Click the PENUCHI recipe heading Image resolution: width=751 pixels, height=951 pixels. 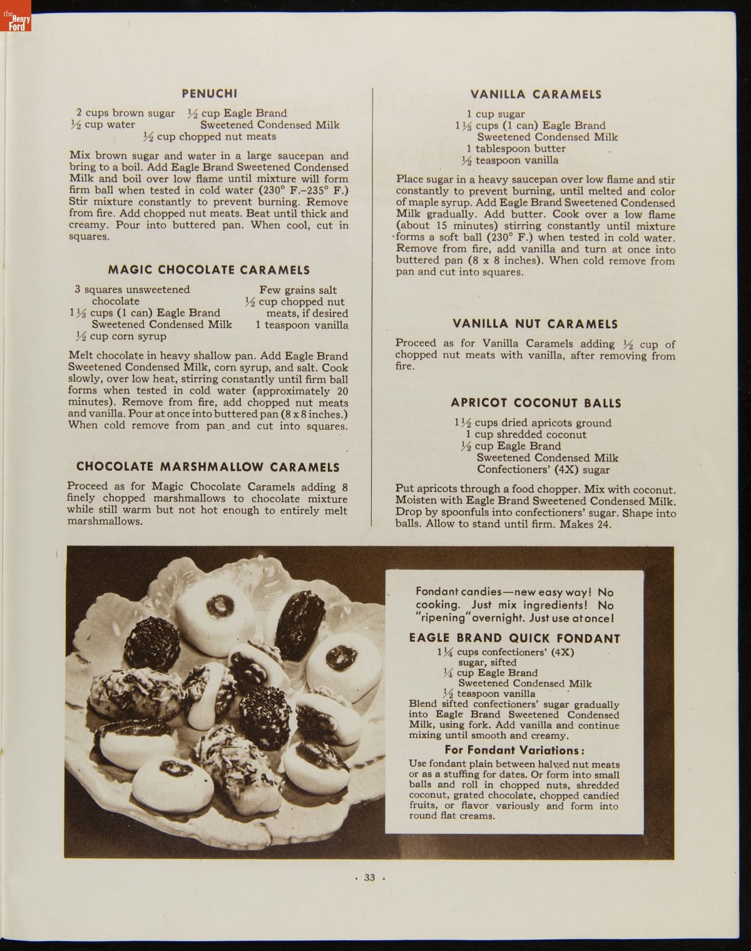tap(209, 94)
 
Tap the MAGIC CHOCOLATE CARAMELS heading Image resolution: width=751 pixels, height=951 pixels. tap(209, 270)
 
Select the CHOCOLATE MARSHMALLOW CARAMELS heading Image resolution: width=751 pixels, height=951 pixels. tap(208, 467)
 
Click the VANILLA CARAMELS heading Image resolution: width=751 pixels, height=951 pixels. tap(536, 95)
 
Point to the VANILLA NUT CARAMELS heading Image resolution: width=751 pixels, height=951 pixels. tap(535, 324)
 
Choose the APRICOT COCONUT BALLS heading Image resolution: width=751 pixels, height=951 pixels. tap(536, 403)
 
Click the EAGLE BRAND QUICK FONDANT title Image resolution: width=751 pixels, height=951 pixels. tap(514, 639)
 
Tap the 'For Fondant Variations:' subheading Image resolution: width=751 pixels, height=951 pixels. tap(514, 750)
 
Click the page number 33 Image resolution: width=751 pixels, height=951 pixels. tap(369, 878)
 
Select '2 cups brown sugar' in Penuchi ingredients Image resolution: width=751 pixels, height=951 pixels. tap(126, 113)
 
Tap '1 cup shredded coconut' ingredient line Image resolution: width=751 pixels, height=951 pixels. tap(526, 434)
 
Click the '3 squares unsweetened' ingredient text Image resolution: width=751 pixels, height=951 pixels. tap(132, 290)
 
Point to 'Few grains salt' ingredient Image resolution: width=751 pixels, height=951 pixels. tap(298, 290)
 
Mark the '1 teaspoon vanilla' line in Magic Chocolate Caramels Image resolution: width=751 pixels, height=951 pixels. tap(302, 325)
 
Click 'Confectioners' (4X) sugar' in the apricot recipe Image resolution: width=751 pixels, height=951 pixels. tap(543, 470)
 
